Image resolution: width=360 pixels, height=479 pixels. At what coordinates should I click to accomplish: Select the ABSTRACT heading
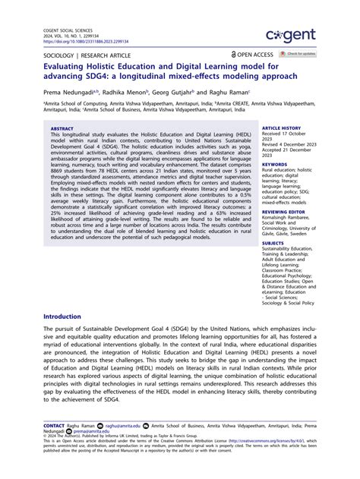click(x=62, y=129)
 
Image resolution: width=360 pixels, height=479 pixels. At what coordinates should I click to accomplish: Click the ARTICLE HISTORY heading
click(x=281, y=129)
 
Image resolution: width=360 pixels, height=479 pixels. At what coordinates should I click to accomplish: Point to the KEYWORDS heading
click(x=275, y=164)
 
